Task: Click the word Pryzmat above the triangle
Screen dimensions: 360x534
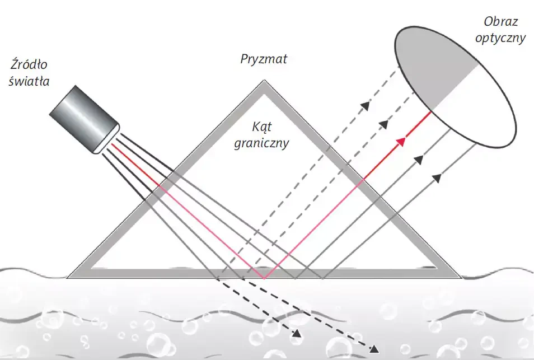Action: pos(263,58)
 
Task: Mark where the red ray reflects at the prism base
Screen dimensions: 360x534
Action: pos(264,278)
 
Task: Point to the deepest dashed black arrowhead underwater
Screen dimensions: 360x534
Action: pos(374,348)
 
